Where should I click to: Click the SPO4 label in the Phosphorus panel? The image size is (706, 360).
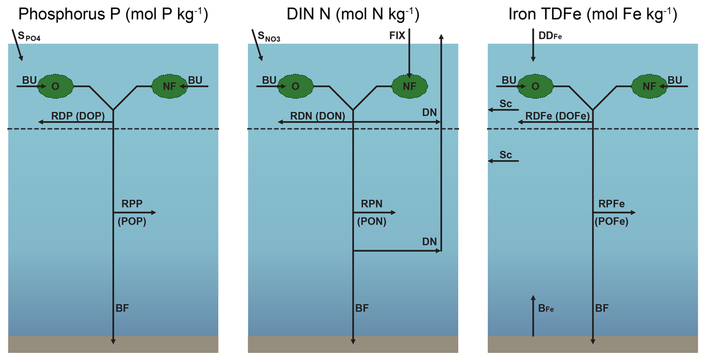[x=29, y=37]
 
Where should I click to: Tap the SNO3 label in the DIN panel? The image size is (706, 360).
[x=269, y=37]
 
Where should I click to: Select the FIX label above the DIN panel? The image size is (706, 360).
[x=397, y=36]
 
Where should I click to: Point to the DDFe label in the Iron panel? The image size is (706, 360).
[x=550, y=36]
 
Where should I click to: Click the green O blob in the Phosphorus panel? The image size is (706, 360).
[x=56, y=87]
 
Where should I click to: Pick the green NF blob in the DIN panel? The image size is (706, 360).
[x=409, y=87]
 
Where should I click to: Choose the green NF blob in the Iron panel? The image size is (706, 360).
[x=649, y=87]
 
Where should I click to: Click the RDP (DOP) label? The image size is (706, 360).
[x=78, y=116]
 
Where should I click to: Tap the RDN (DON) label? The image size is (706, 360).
[x=318, y=116]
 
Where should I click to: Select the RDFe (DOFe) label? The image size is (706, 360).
[x=557, y=116]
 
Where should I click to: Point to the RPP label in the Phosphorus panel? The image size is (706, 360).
[x=132, y=204]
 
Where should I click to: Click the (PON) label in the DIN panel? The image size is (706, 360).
[x=372, y=222]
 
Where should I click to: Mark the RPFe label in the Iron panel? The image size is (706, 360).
[x=611, y=204]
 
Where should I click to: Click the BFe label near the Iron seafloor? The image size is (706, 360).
[x=546, y=309]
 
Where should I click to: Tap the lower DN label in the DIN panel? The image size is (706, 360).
[x=429, y=242]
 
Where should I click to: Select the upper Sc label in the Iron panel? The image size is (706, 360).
[x=506, y=104]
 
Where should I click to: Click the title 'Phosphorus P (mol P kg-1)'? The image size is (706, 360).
[x=113, y=14]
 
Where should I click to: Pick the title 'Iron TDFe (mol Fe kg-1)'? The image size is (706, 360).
[x=593, y=14]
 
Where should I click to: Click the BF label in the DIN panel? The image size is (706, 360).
[x=362, y=308]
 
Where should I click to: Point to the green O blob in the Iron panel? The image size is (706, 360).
[x=535, y=87]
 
